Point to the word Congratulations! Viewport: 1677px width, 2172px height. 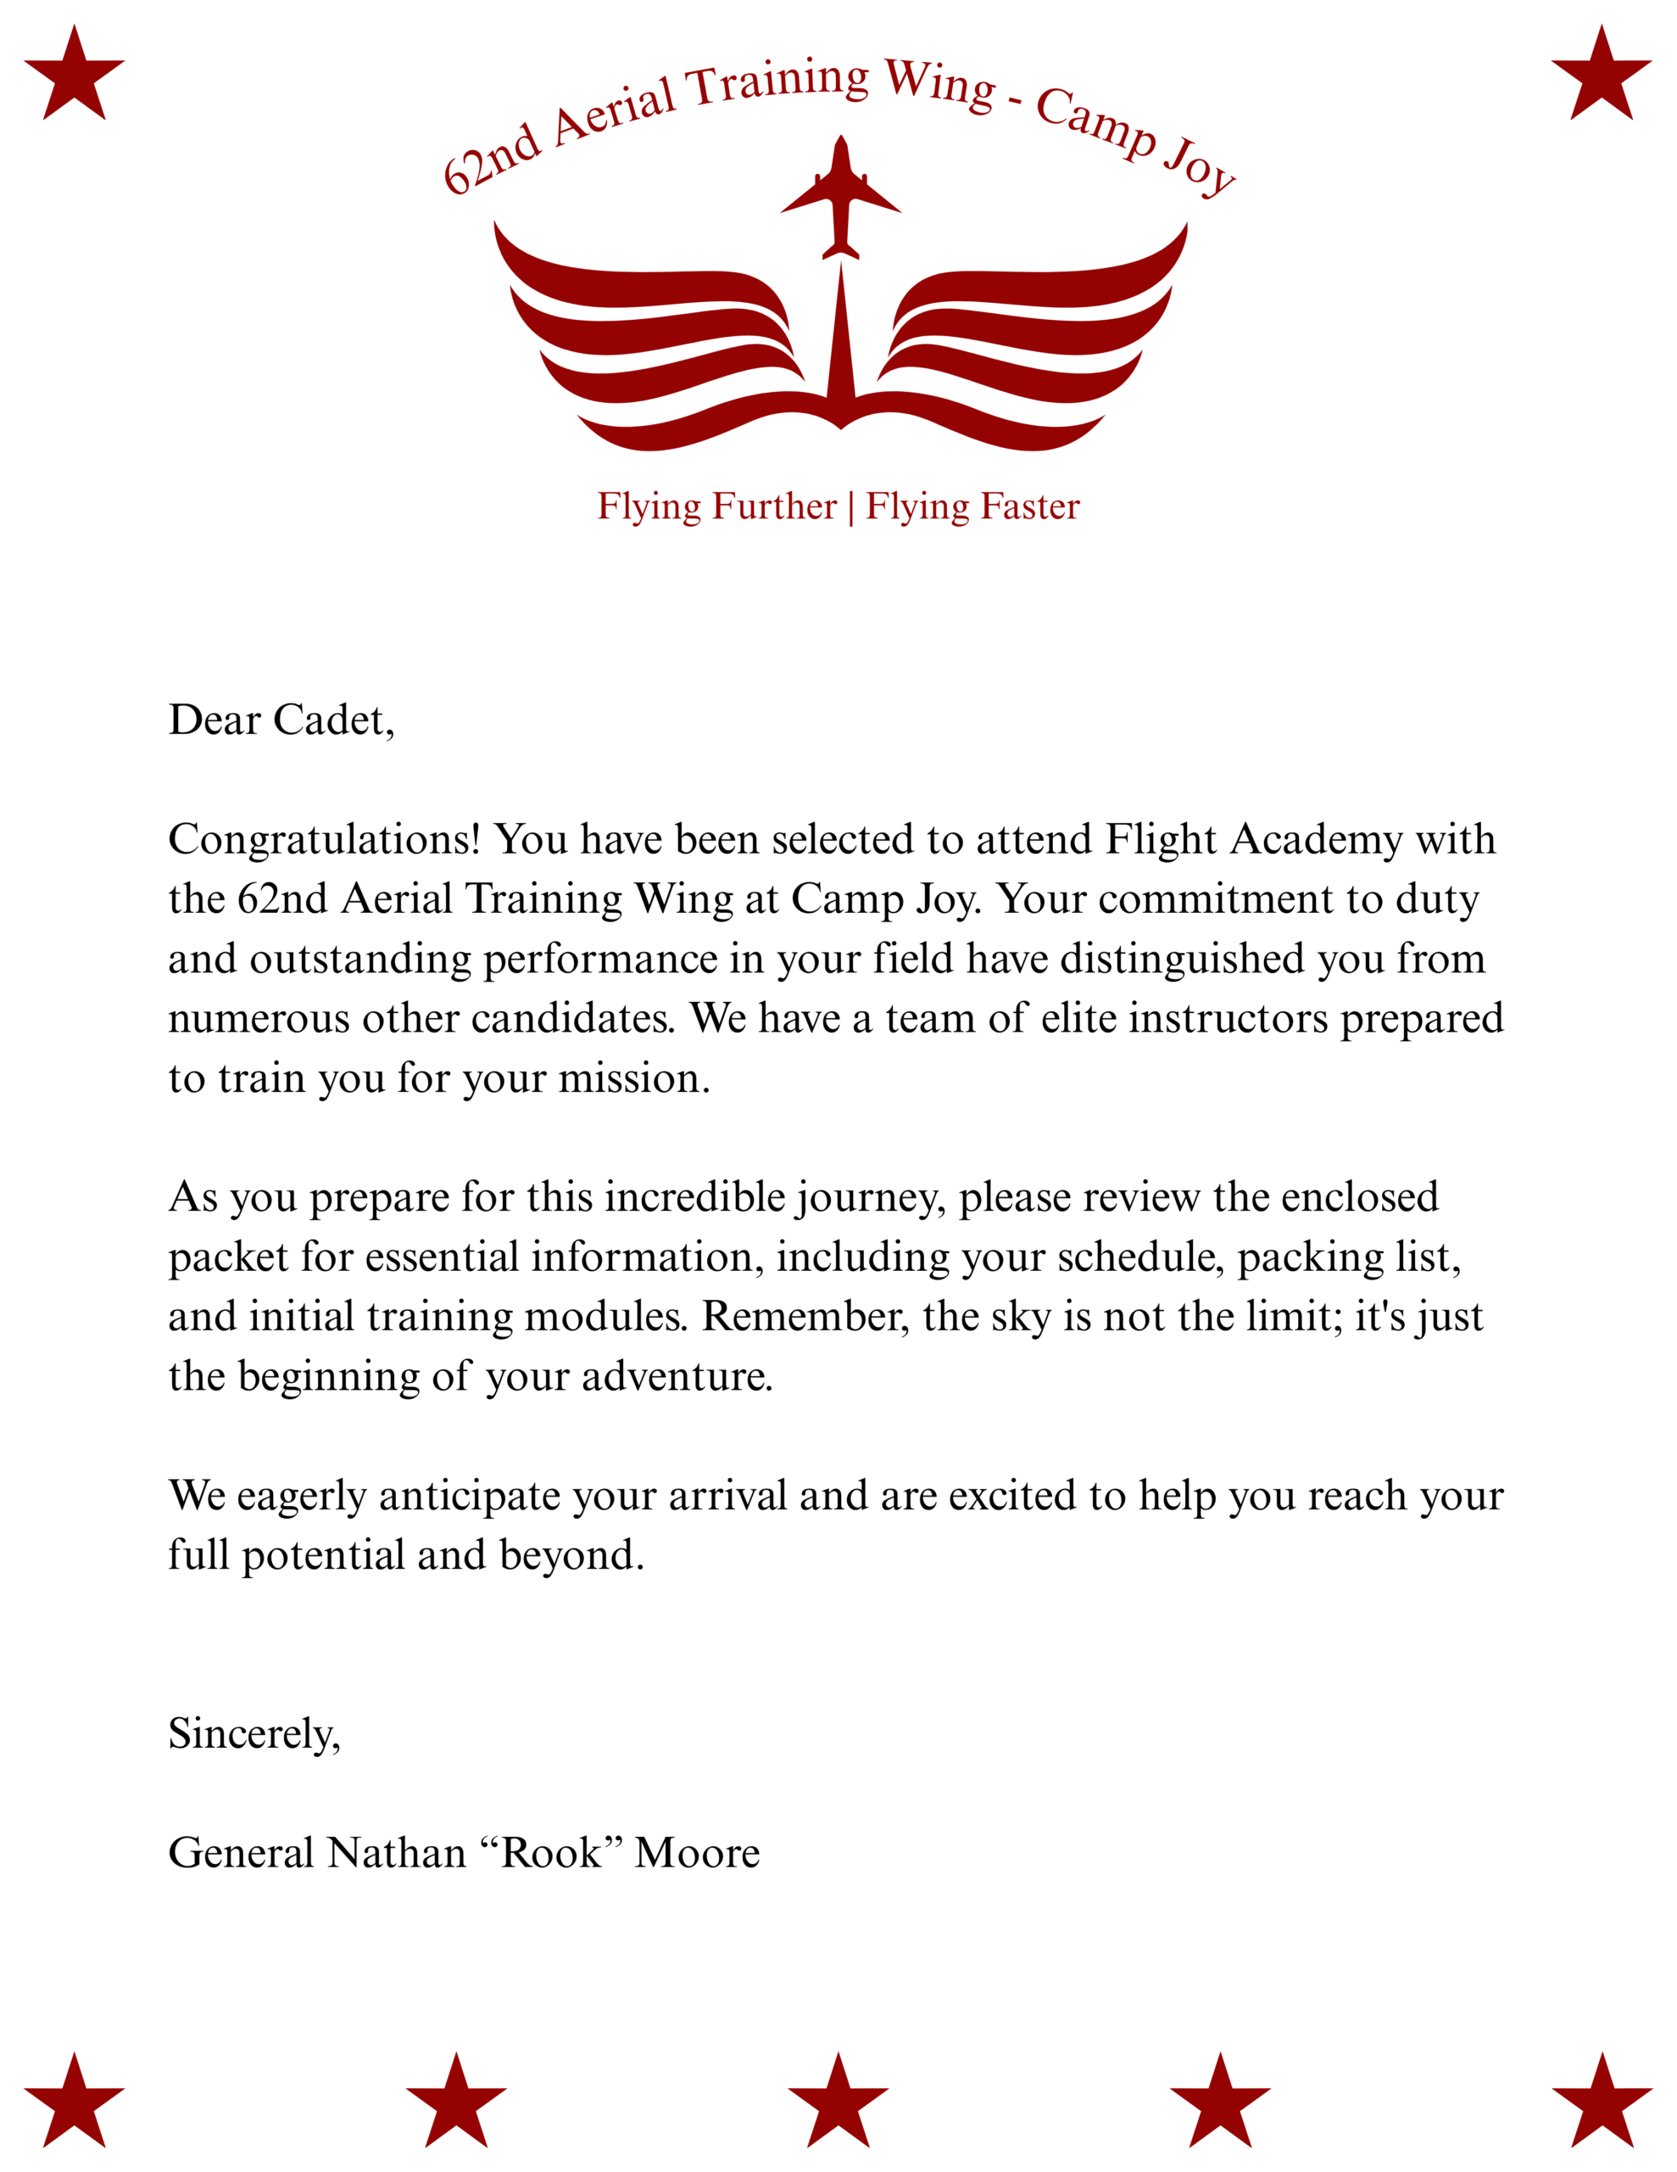tap(324, 839)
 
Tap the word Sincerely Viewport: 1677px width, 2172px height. tap(253, 1733)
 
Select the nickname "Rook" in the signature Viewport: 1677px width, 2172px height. tap(551, 1853)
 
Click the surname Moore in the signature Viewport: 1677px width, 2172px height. tap(697, 1853)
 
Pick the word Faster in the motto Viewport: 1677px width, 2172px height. tap(1030, 507)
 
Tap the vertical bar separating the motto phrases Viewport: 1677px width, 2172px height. tap(851, 507)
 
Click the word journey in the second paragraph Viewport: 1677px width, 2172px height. tap(868, 1197)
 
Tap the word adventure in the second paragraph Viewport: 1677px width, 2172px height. tap(676, 1376)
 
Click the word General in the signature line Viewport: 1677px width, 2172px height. tap(242, 1853)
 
